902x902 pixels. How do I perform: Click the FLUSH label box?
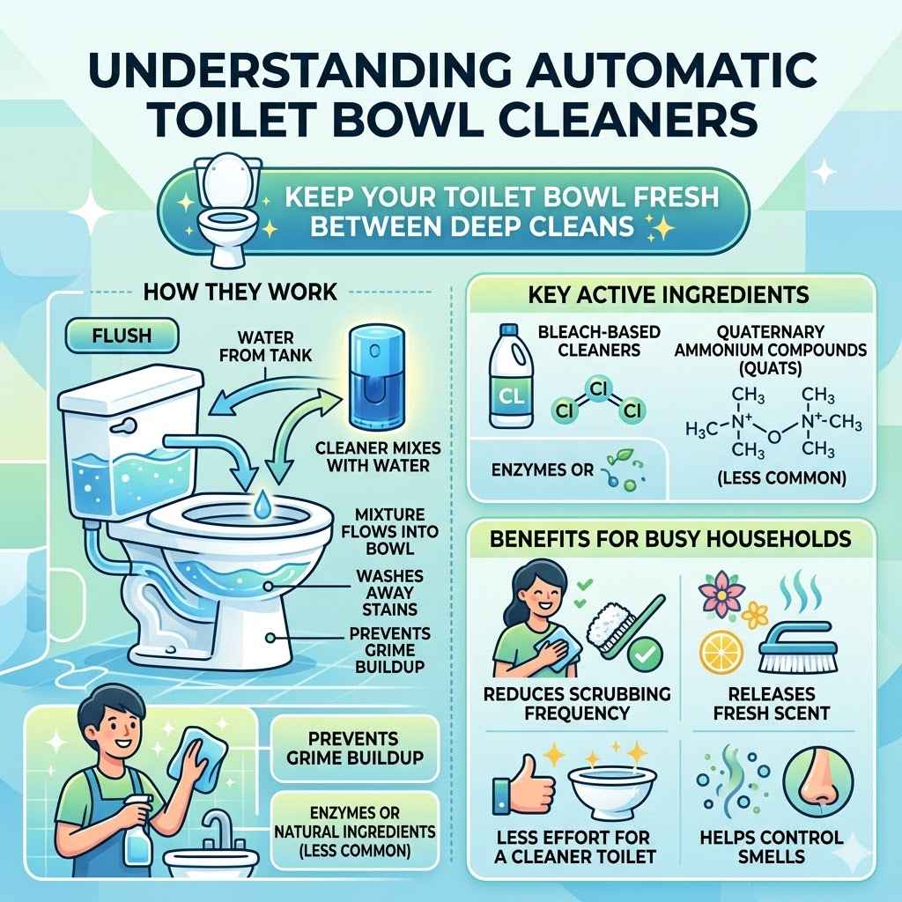pos(122,336)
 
